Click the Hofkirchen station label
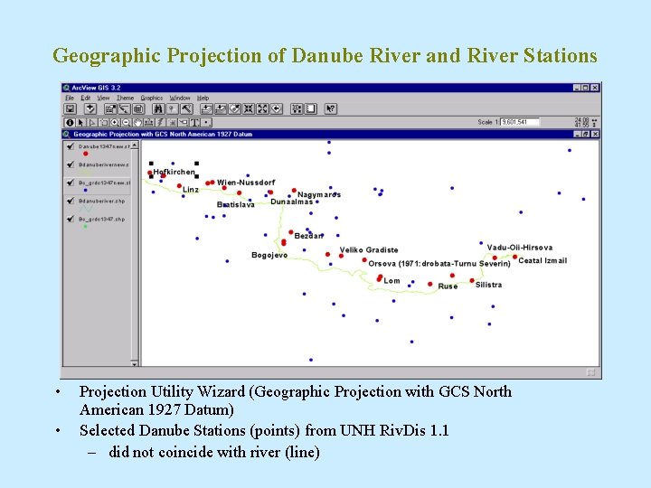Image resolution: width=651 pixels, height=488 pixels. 174,172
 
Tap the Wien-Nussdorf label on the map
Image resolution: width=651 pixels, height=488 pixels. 245,183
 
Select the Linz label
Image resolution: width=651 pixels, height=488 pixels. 191,191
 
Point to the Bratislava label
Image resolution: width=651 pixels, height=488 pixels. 236,205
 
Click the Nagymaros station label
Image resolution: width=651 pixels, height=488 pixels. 319,195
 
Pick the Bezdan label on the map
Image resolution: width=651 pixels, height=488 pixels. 308,236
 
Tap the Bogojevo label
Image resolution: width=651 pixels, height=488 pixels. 269,256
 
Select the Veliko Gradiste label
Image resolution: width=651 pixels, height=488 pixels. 368,250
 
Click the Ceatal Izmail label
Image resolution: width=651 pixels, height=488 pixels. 542,261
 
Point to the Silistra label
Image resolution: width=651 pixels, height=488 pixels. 488,285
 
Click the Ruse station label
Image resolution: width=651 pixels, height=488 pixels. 448,286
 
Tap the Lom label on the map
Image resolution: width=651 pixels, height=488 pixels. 392,281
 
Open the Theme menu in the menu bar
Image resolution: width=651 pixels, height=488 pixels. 125,98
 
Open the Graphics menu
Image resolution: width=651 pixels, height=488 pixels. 151,98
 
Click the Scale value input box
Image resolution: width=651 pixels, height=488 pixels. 519,122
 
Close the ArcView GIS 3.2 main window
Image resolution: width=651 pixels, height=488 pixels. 596,88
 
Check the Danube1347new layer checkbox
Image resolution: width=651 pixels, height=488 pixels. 70,145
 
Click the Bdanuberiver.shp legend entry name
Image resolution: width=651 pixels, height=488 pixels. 101,202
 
